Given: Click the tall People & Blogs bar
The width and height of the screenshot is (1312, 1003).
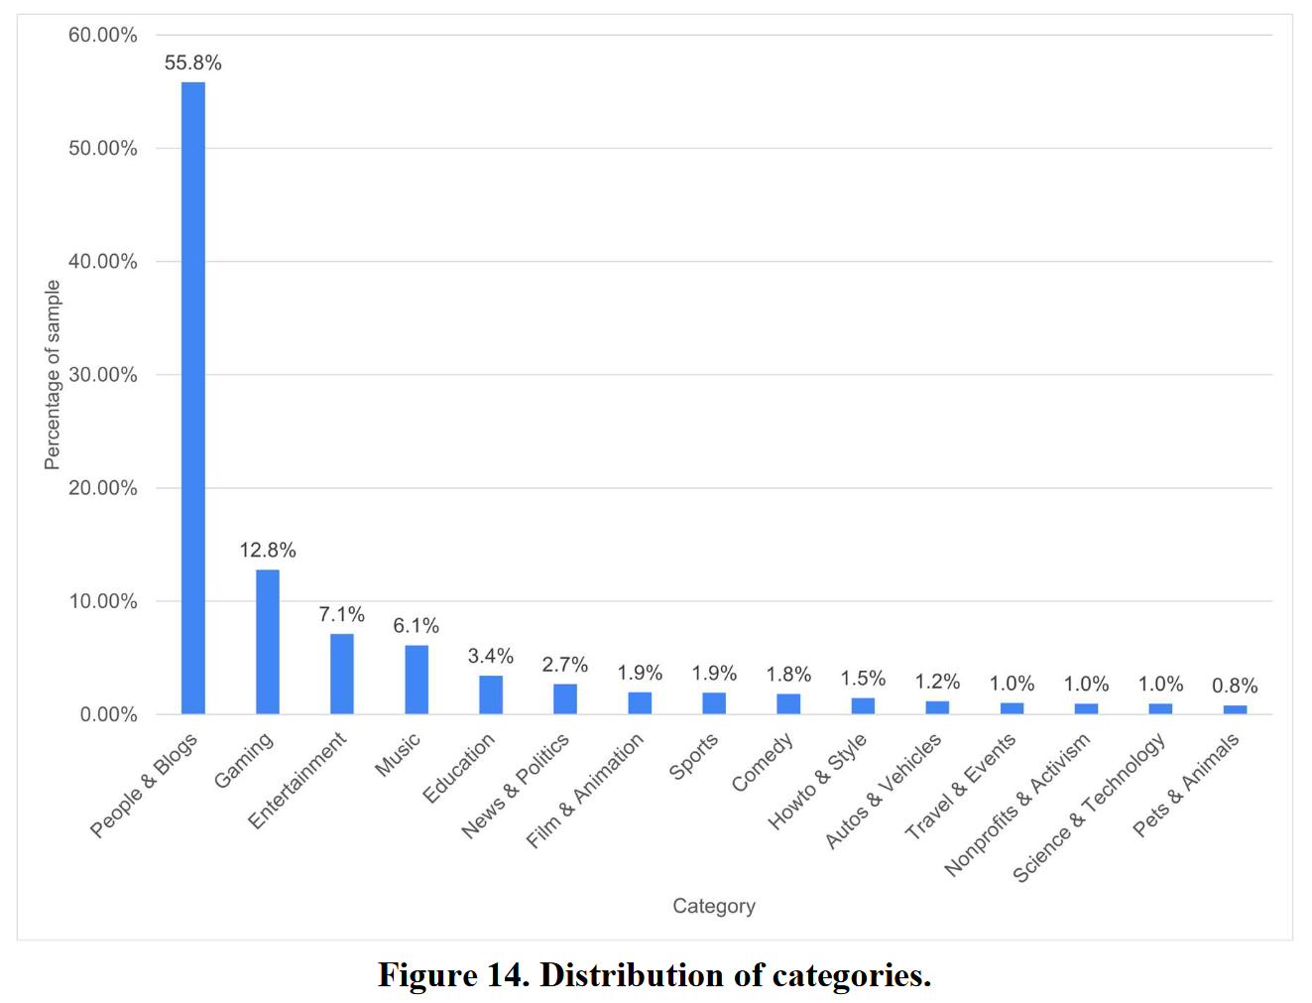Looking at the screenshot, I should pyautogui.click(x=193, y=397).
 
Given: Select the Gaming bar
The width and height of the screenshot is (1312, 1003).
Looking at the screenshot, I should pyautogui.click(x=268, y=641).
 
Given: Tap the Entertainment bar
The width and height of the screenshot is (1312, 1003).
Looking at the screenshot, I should pyautogui.click(x=342, y=674).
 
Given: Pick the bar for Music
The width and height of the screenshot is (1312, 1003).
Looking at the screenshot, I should pyautogui.click(x=417, y=680).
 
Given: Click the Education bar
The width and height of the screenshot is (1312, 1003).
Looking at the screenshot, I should pyautogui.click(x=491, y=694).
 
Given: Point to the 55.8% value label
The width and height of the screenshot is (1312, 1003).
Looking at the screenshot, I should pyautogui.click(x=193, y=63).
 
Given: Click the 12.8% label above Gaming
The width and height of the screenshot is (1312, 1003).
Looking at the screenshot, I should pyautogui.click(x=268, y=551).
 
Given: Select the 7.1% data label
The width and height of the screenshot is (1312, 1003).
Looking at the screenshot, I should pyautogui.click(x=342, y=615).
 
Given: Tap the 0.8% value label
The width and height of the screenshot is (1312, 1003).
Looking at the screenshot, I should pyautogui.click(x=1235, y=687).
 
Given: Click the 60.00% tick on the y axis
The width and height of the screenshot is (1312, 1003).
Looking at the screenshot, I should pyautogui.click(x=103, y=36).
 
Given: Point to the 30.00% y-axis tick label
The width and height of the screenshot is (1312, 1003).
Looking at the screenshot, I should pyautogui.click(x=103, y=375).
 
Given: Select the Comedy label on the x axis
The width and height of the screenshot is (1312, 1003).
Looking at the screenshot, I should pyautogui.click(x=763, y=762).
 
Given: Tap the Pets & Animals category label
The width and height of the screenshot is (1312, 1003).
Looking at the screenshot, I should pyautogui.click(x=1186, y=784).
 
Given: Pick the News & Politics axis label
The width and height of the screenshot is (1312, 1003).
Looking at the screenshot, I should pyautogui.click(x=516, y=785).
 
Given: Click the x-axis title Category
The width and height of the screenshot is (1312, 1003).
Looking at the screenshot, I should pyautogui.click(x=714, y=906).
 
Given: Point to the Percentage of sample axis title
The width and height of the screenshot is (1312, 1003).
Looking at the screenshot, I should pyautogui.click(x=53, y=375).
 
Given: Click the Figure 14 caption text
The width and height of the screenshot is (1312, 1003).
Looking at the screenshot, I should pyautogui.click(x=655, y=975).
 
